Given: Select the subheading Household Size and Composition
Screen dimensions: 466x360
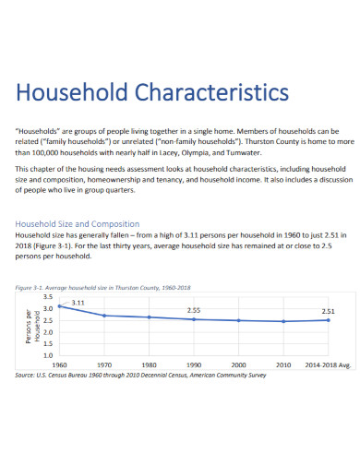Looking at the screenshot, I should coord(78,224).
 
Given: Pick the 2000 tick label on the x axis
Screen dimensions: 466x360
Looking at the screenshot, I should coord(238,364).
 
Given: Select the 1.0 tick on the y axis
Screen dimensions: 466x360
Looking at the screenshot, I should coord(48,354).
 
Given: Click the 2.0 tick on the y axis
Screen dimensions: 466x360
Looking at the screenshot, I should coord(48,331).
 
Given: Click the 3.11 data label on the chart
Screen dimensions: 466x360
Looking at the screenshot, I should coord(78,301).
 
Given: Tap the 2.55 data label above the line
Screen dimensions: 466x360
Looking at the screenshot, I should coord(195,310).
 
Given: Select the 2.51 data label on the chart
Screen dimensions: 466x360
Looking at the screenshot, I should coord(328,311).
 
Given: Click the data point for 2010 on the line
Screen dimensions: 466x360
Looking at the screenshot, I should coord(283,321).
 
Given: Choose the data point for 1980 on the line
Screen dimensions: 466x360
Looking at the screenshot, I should coord(150,317).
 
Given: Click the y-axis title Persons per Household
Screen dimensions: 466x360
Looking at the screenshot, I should coord(30,326).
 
